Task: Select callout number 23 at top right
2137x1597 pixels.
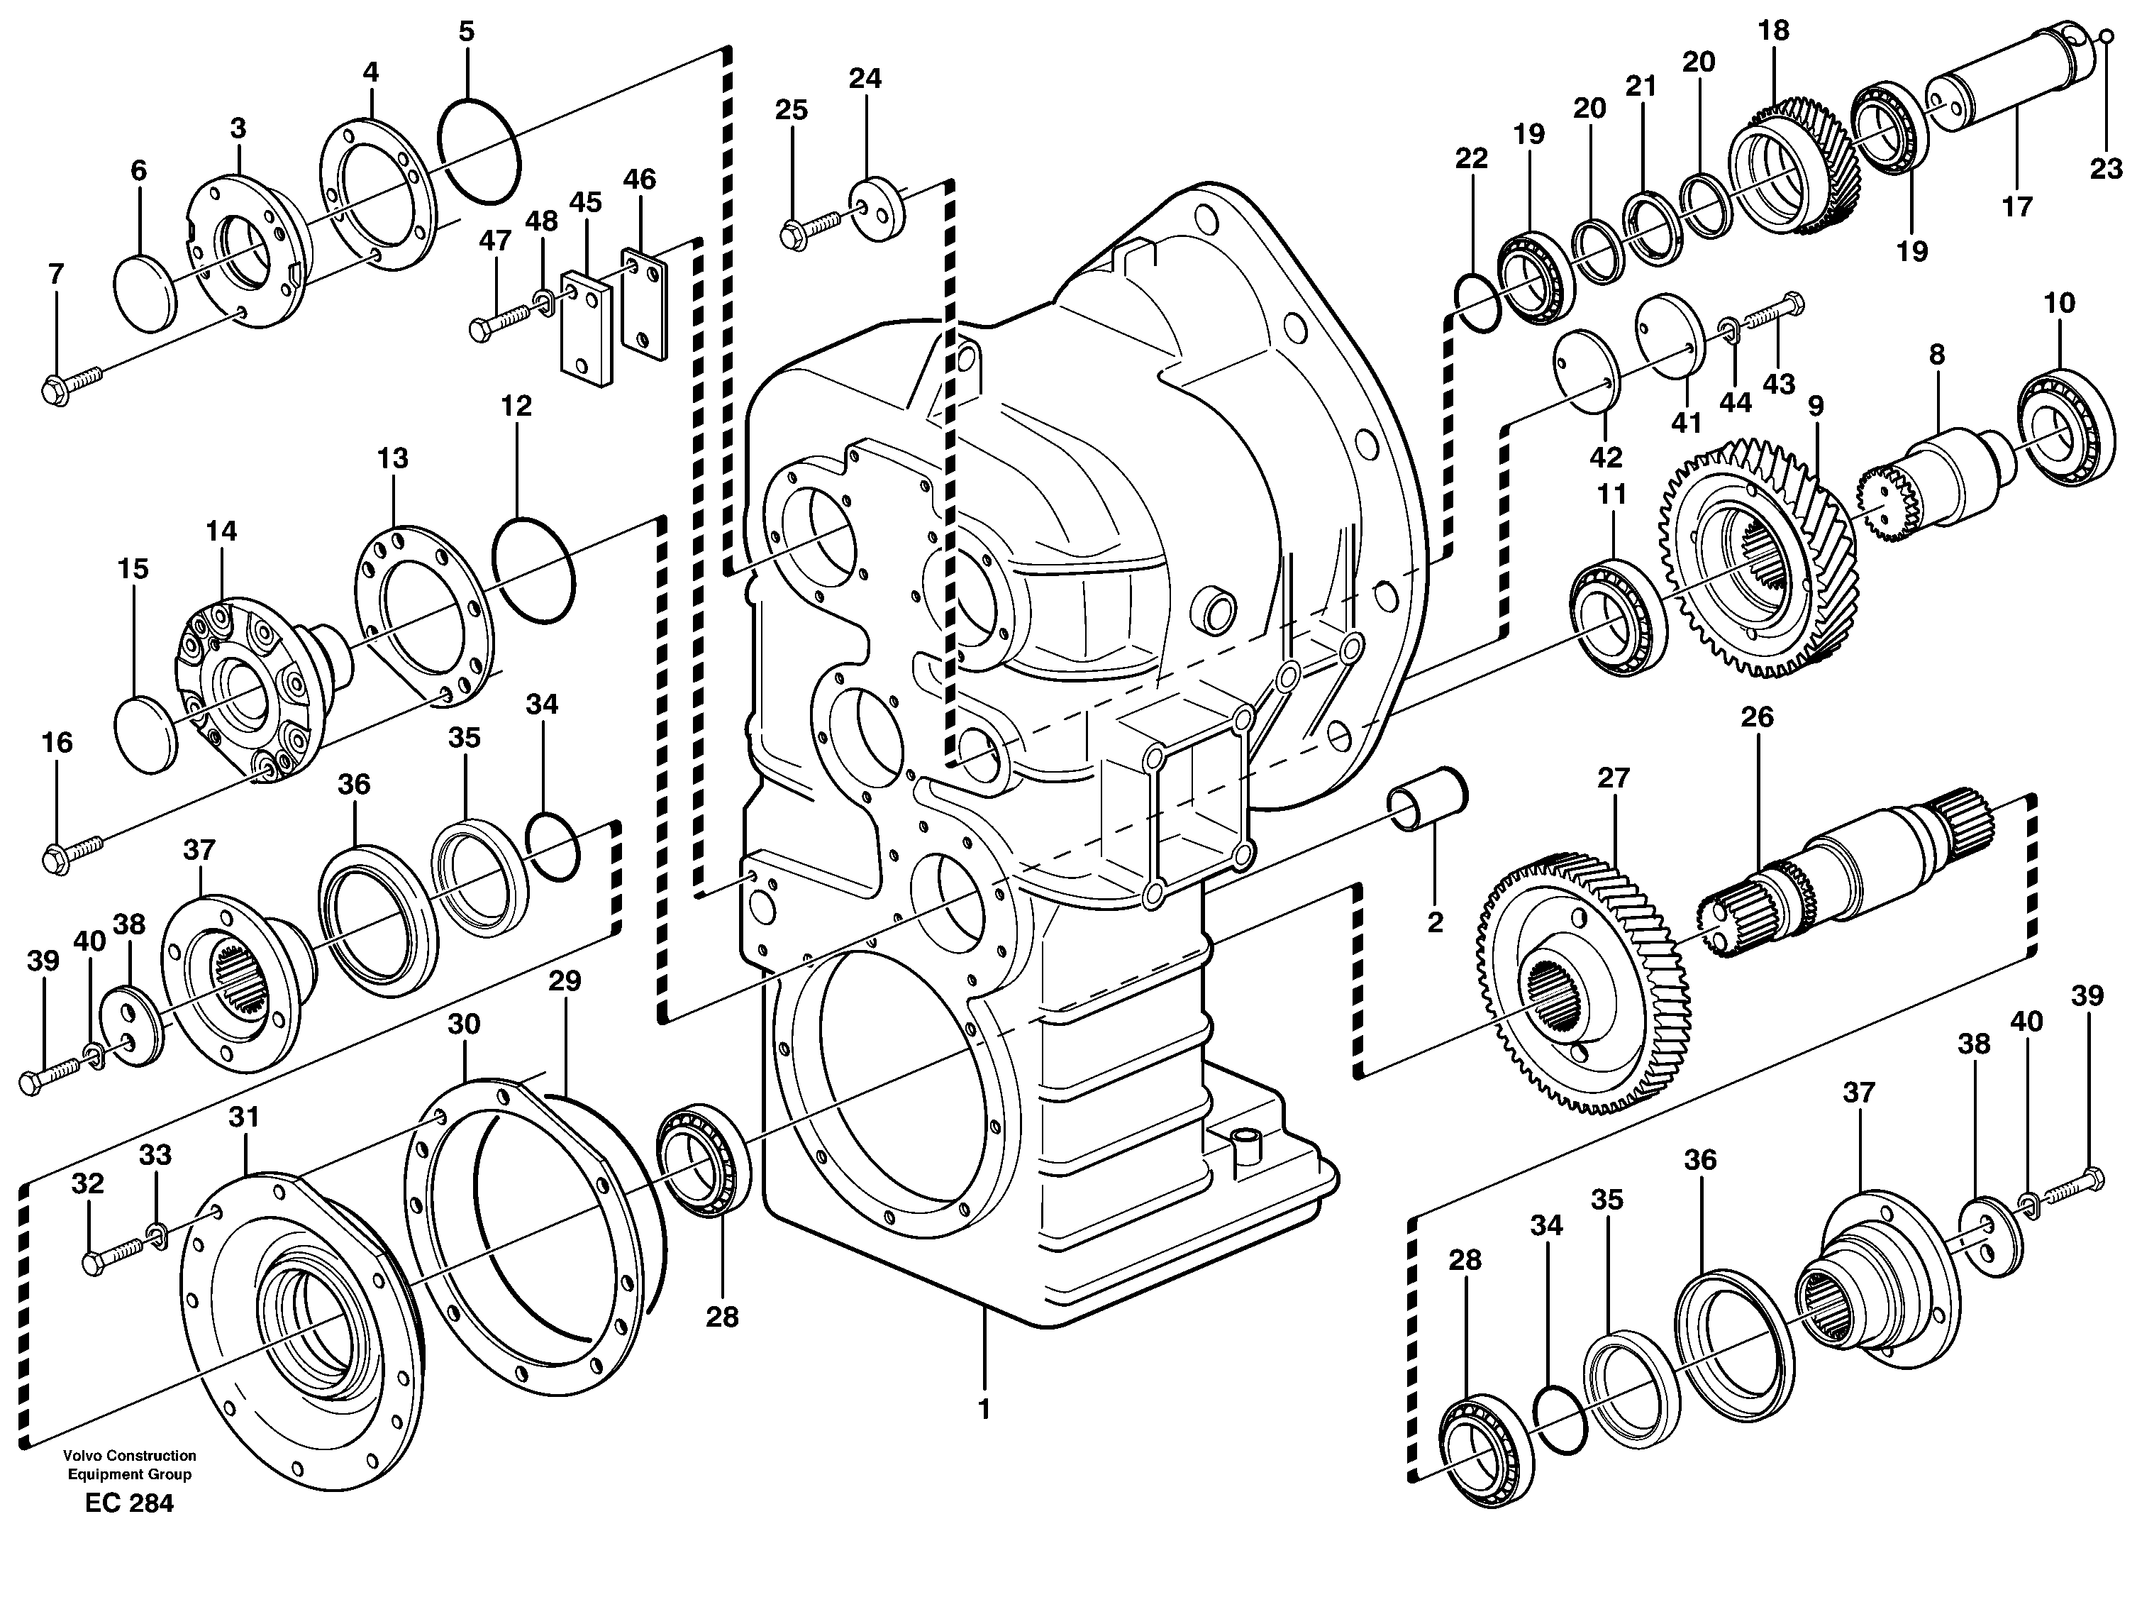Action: [x=2106, y=169]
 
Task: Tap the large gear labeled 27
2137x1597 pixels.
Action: [x=1584, y=980]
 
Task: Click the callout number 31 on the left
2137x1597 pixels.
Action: [x=243, y=1118]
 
